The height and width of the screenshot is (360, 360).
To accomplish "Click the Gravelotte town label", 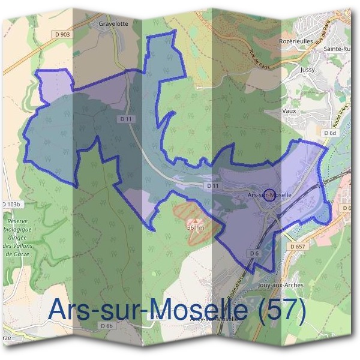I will tap(115, 25).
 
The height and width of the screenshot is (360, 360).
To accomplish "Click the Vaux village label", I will tap(289, 111).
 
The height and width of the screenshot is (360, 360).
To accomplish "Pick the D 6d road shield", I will tap(329, 133).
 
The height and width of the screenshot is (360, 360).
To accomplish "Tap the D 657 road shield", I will tap(298, 246).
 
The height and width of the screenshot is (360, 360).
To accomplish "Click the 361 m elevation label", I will tap(196, 228).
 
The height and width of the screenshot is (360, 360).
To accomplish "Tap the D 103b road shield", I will tap(10, 205).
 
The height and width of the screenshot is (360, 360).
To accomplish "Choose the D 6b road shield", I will tap(107, 325).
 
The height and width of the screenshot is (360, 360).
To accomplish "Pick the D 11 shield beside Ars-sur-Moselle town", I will tap(213, 187).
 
